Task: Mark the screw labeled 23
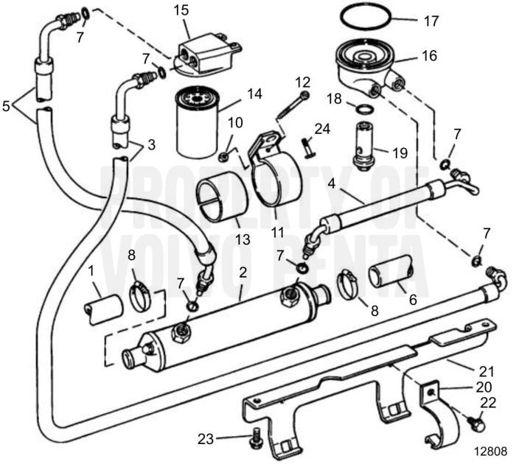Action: (256, 436)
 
